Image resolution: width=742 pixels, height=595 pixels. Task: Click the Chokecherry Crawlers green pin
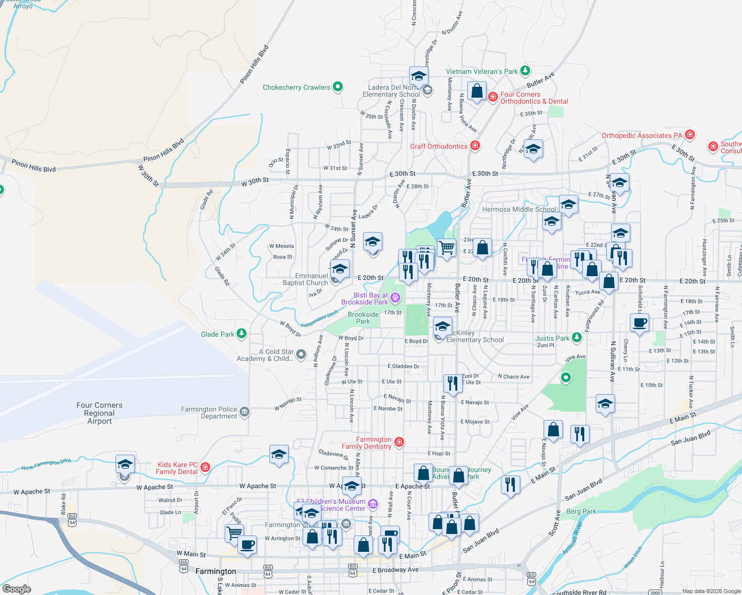338,87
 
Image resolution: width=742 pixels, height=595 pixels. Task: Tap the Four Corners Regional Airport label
99,413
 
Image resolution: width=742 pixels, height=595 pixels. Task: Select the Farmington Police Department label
209,413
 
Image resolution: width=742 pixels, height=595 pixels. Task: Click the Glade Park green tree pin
242,333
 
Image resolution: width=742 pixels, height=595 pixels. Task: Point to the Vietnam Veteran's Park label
482,71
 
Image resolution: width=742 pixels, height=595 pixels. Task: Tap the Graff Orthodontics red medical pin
475,145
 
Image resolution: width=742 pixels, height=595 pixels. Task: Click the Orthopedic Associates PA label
642,135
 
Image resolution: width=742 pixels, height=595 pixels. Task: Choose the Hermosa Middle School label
519,209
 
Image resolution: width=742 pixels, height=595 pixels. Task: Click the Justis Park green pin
576,338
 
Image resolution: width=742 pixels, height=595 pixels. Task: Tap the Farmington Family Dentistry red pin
399,441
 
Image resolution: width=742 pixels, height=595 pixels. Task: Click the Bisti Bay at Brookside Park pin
395,297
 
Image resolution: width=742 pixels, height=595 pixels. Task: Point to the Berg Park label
581,511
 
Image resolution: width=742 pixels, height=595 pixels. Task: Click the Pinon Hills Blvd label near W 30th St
164,150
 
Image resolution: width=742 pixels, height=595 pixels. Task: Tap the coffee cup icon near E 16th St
639,323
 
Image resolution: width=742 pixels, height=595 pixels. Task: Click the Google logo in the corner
16,589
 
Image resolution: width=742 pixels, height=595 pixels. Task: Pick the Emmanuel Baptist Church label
305,279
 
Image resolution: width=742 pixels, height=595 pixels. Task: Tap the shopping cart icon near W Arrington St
234,533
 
